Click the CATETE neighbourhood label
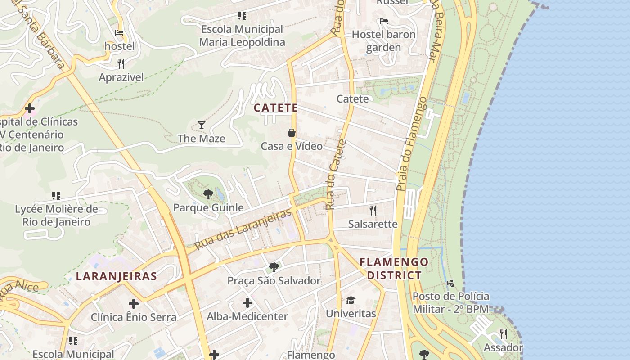pyautogui.click(x=276, y=108)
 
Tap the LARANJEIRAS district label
pyautogui.click(x=117, y=276)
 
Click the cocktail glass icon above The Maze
pyautogui.click(x=202, y=125)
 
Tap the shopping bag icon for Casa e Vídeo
pyautogui.click(x=292, y=133)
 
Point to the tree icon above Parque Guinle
pyautogui.click(x=208, y=194)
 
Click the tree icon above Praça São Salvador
pyautogui.click(x=274, y=267)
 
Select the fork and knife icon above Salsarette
pyautogui.click(x=373, y=210)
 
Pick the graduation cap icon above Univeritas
pyautogui.click(x=351, y=300)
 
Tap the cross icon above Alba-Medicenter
pyautogui.click(x=247, y=303)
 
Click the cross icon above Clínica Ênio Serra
pyautogui.click(x=134, y=304)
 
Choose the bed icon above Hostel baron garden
pyautogui.click(x=383, y=21)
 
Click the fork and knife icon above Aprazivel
pyautogui.click(x=121, y=63)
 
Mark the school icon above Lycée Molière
pyautogui.click(x=56, y=195)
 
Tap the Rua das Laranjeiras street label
pyautogui.click(x=243, y=229)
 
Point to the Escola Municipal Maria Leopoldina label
pyautogui.click(x=242, y=36)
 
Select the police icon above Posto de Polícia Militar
pyautogui.click(x=450, y=283)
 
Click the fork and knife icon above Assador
pyautogui.click(x=503, y=334)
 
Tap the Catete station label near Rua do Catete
pyautogui.click(x=352, y=99)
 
